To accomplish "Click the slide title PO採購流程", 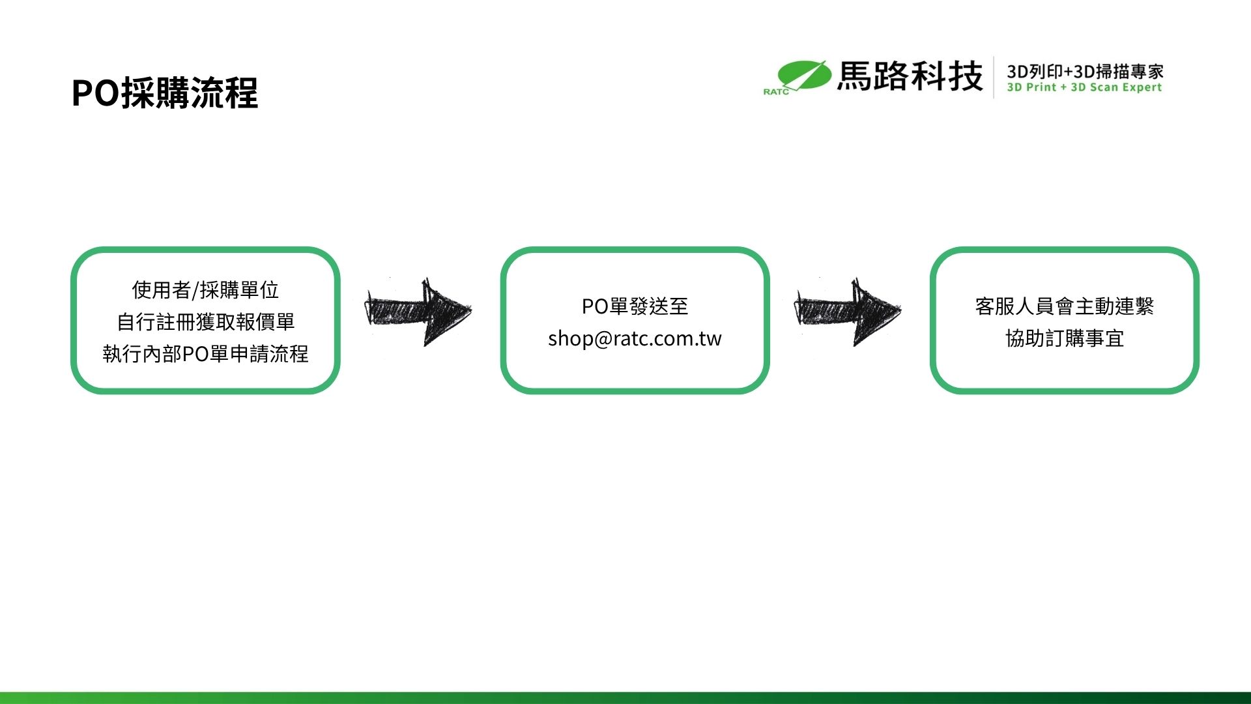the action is (165, 93).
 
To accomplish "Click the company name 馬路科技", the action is (910, 76).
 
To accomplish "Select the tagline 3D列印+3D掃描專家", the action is (1085, 71).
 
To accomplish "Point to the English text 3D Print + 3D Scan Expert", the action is (1084, 87).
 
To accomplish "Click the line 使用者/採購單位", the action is (205, 289).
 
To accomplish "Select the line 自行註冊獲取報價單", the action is (205, 321).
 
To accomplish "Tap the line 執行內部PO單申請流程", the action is (205, 353).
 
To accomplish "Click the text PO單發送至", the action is (635, 306).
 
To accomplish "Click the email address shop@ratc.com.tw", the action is (635, 338).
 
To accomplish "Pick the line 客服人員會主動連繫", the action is (1064, 306).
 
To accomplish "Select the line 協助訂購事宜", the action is (1064, 338).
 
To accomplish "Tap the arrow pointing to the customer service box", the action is (848, 311).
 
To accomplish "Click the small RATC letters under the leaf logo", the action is (776, 92).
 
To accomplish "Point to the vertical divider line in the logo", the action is (994, 77).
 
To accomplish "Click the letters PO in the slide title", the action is (95, 93).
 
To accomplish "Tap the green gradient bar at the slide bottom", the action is (625, 698).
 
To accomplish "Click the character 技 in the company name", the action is (966, 76).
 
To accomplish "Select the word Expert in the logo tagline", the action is (1142, 87).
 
